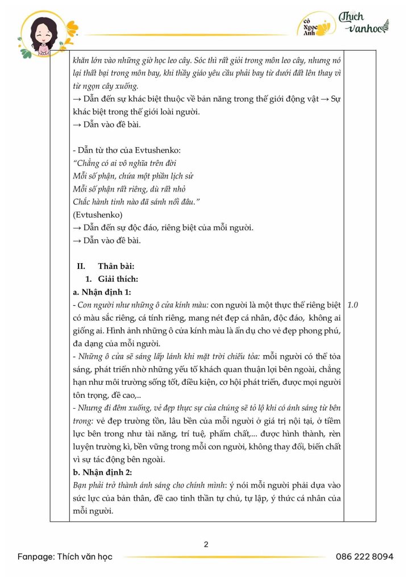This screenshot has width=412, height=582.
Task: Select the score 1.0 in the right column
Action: coord(352,305)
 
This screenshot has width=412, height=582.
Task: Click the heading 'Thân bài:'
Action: coord(116,266)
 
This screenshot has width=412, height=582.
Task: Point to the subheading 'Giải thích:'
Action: coord(114,279)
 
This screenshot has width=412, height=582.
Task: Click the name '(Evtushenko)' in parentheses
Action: coord(97,215)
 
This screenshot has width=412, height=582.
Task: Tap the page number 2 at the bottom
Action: coord(206,544)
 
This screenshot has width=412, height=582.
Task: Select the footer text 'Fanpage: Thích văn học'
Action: coord(65,556)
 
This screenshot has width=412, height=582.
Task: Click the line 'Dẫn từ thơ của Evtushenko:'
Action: coord(120,150)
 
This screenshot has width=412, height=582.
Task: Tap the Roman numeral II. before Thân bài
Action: coord(81,266)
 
